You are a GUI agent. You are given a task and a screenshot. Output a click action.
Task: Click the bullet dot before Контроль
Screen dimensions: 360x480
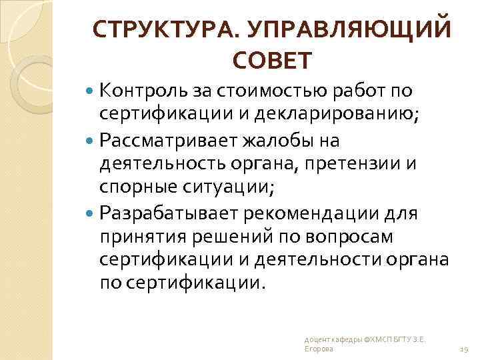(91, 90)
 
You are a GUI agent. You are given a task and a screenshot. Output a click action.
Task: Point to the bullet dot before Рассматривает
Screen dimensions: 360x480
(91, 141)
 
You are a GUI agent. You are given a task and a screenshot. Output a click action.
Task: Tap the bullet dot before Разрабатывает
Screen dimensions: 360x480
(91, 213)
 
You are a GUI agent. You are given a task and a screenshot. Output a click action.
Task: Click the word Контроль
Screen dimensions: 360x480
(141, 90)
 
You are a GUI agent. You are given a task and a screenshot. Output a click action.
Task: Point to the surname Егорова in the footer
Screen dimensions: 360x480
(316, 349)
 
